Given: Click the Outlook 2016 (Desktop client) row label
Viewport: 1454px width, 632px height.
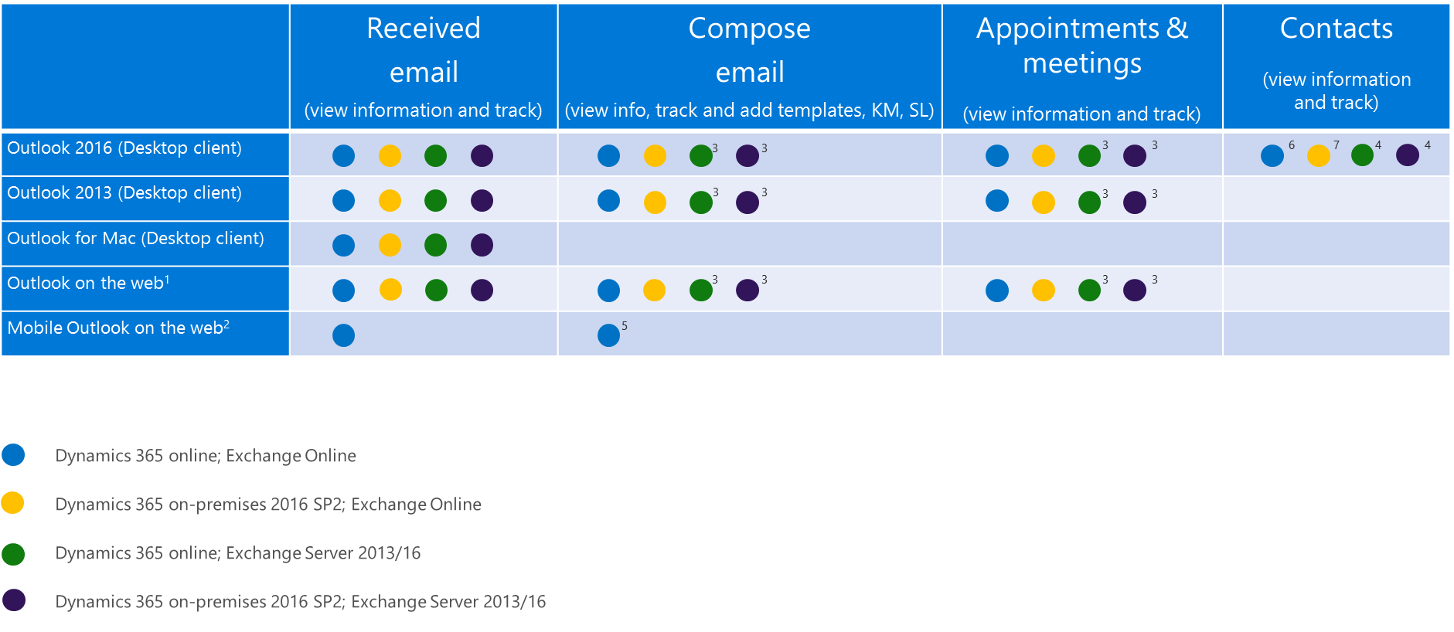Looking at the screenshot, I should (x=124, y=148).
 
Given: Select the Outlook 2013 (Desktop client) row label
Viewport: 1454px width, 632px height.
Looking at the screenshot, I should (x=124, y=193).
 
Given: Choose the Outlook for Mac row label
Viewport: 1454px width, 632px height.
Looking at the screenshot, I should (x=135, y=239).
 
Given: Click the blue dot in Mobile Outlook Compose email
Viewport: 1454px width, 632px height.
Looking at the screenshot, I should (x=608, y=335).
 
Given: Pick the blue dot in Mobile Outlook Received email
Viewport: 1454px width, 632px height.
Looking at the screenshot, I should (x=343, y=335).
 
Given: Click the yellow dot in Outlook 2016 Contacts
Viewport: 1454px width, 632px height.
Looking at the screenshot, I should (x=1319, y=155).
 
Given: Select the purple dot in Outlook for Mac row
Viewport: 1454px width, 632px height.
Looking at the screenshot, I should (x=482, y=245).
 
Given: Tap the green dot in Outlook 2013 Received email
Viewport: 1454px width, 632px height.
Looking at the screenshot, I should (x=436, y=201).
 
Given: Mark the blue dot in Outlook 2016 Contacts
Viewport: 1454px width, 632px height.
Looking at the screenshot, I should (x=1272, y=155).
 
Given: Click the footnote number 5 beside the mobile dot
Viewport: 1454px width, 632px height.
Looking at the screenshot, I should (x=625, y=326).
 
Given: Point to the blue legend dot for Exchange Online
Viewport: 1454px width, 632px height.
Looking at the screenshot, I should (x=13, y=455).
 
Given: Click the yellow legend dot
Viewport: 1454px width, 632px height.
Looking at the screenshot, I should (x=13, y=503).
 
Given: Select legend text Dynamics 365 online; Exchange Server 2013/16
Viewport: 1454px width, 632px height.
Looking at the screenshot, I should (x=238, y=553).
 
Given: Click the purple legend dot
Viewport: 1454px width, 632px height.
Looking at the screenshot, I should (x=13, y=600).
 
